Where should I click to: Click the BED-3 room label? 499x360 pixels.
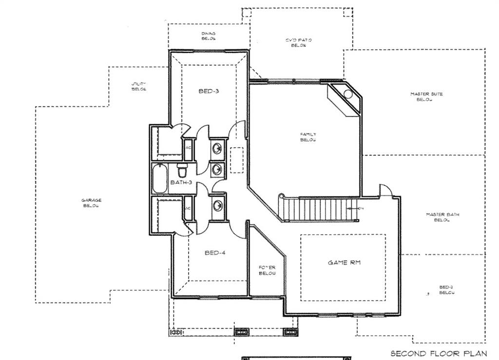(x=209, y=91)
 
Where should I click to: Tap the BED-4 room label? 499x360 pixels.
(x=215, y=253)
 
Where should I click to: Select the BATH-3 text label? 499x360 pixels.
(x=181, y=183)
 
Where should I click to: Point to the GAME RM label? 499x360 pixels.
(x=345, y=263)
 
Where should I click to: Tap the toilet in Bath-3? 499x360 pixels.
(x=182, y=171)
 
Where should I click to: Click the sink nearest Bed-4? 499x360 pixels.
(x=217, y=205)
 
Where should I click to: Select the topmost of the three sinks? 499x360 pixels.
(x=217, y=148)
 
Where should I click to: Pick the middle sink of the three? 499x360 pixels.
(x=217, y=170)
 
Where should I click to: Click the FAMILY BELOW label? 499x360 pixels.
(x=308, y=137)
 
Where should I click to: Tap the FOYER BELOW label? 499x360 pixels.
(x=267, y=270)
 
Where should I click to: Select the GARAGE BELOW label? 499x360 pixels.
(x=92, y=203)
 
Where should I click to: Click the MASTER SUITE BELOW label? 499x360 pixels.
(x=426, y=96)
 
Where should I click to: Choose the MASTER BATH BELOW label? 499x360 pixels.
(x=442, y=217)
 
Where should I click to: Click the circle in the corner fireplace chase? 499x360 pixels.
(x=348, y=94)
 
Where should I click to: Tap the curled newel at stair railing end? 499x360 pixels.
(x=281, y=197)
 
